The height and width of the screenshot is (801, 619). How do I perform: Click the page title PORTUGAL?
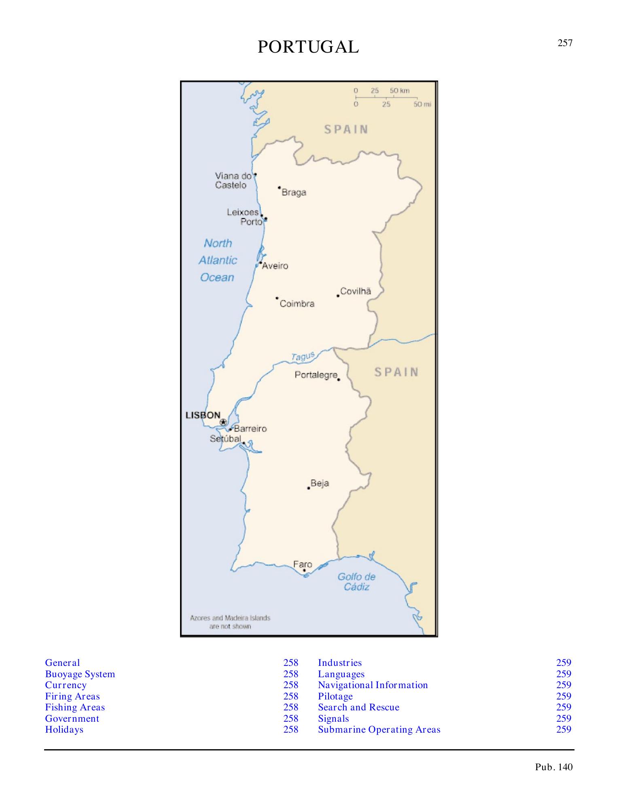tap(308, 47)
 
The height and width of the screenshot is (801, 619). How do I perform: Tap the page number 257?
tap(565, 43)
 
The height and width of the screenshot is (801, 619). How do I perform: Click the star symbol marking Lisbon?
tap(223, 422)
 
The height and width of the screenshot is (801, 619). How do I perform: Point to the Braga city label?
tap(294, 193)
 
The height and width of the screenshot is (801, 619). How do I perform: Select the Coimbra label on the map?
tap(297, 304)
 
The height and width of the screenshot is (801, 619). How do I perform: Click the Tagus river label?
tap(303, 356)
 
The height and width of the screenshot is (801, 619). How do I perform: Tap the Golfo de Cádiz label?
tap(356, 582)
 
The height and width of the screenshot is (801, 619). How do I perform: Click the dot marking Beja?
tap(309, 488)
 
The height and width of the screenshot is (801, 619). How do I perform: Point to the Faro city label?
tap(303, 564)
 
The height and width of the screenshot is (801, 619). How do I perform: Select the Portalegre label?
tap(316, 375)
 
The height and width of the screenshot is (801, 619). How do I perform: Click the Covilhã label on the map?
tap(356, 291)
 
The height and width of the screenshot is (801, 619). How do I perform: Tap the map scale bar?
tap(386, 97)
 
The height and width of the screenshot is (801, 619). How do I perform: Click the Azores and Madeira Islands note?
tap(230, 622)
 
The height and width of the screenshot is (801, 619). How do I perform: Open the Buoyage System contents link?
tap(80, 674)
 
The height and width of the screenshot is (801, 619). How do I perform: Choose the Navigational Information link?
tap(373, 685)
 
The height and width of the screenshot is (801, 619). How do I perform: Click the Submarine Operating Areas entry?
tap(379, 729)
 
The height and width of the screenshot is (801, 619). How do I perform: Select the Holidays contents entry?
tap(64, 729)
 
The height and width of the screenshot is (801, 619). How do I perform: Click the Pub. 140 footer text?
tap(554, 767)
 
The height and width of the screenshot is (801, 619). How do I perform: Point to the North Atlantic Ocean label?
tap(218, 260)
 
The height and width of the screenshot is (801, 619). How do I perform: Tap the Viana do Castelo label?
tap(233, 180)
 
